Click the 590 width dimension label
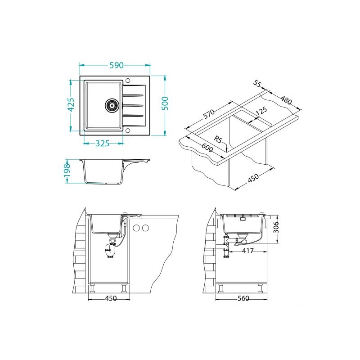117,65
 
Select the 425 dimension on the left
72,105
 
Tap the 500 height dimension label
165,103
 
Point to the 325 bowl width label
102,144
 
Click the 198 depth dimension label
67,171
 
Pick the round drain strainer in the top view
112,105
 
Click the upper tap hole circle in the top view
128,81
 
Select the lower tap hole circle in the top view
128,131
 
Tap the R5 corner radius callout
218,139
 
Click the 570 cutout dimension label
209,114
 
